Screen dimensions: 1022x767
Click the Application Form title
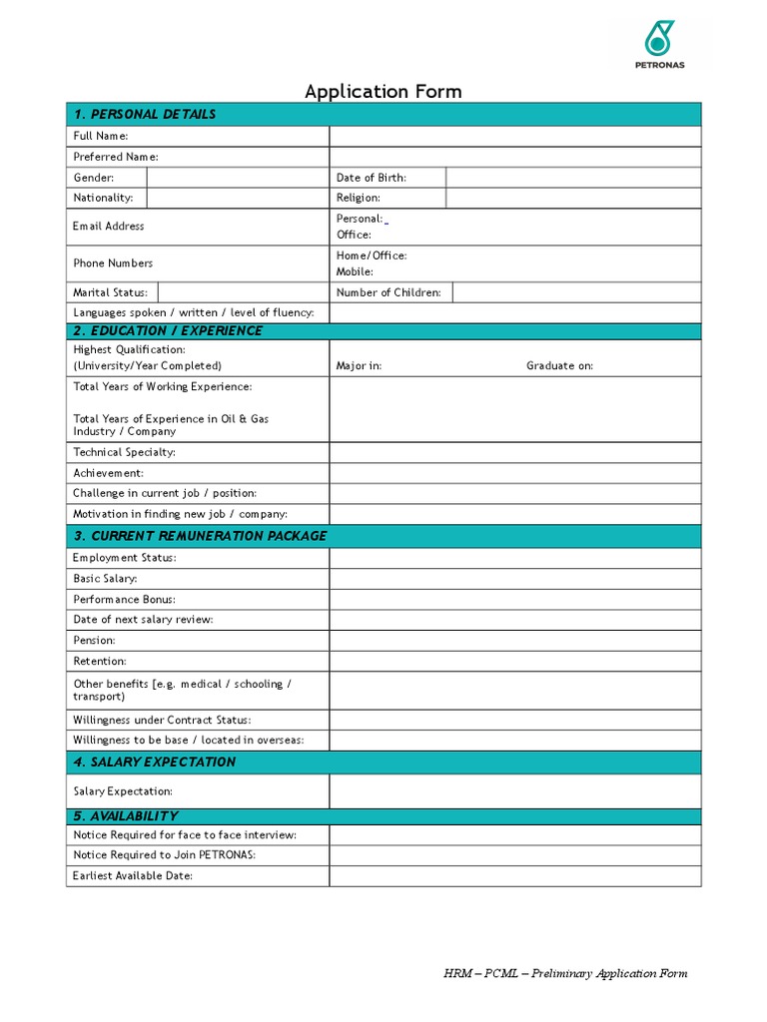(x=383, y=92)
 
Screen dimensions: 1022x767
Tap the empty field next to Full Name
(x=514, y=136)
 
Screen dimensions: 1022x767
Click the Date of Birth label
(x=371, y=178)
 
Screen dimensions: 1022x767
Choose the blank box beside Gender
(x=238, y=178)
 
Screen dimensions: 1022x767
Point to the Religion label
(x=358, y=198)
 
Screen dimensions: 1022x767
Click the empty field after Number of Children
(x=576, y=292)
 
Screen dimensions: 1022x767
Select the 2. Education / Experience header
(x=168, y=331)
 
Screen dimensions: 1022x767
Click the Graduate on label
(x=559, y=366)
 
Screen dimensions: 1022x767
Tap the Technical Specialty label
(x=124, y=452)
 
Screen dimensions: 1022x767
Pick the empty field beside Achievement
(x=514, y=473)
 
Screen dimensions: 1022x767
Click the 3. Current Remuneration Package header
(x=200, y=536)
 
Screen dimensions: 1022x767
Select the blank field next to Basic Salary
(x=514, y=579)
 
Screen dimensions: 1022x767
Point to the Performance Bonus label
(x=124, y=600)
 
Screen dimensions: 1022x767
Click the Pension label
(x=94, y=641)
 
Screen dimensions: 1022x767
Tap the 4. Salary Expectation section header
(x=155, y=763)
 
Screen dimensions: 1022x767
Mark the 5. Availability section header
(x=126, y=816)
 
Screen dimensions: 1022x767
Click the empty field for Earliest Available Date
(x=514, y=876)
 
